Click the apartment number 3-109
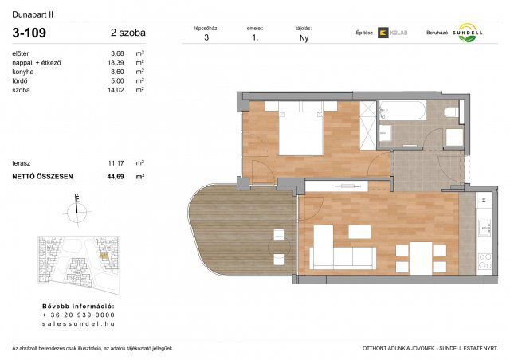click(x=29, y=34)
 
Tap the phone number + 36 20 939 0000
click(x=79, y=315)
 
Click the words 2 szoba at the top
click(x=128, y=33)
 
